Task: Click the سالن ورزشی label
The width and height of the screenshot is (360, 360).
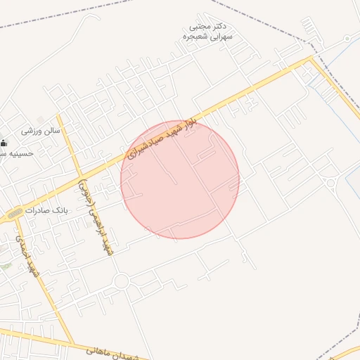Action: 41,130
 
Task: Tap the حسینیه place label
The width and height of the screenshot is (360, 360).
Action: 15,153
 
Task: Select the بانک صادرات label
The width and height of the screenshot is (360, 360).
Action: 48,210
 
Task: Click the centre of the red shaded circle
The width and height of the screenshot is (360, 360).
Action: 180,180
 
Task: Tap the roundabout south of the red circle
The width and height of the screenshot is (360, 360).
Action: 121,282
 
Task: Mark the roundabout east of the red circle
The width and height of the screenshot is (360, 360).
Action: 330,184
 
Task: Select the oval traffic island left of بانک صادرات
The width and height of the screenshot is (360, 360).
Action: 15,212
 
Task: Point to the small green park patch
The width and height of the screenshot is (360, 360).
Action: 6,266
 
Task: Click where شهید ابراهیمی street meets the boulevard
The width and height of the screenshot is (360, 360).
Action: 81,176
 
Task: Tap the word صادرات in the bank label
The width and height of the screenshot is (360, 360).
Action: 39,210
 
